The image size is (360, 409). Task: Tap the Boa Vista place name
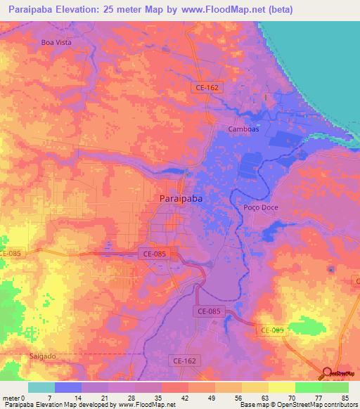click(x=57, y=42)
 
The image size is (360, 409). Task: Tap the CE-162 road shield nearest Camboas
click(x=207, y=86)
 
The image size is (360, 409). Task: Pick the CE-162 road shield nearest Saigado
click(x=184, y=361)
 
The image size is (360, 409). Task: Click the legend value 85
click(x=344, y=398)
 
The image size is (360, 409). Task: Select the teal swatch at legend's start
click(x=41, y=387)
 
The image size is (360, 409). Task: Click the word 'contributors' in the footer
click(x=338, y=405)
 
